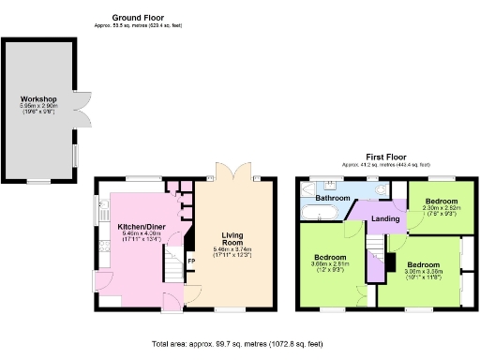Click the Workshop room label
tap(39, 99)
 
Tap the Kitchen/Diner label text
tap(142, 227)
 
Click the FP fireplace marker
tap(191, 261)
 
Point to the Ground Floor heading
tap(139, 18)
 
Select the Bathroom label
tap(332, 199)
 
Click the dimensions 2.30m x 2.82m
tap(441, 209)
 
